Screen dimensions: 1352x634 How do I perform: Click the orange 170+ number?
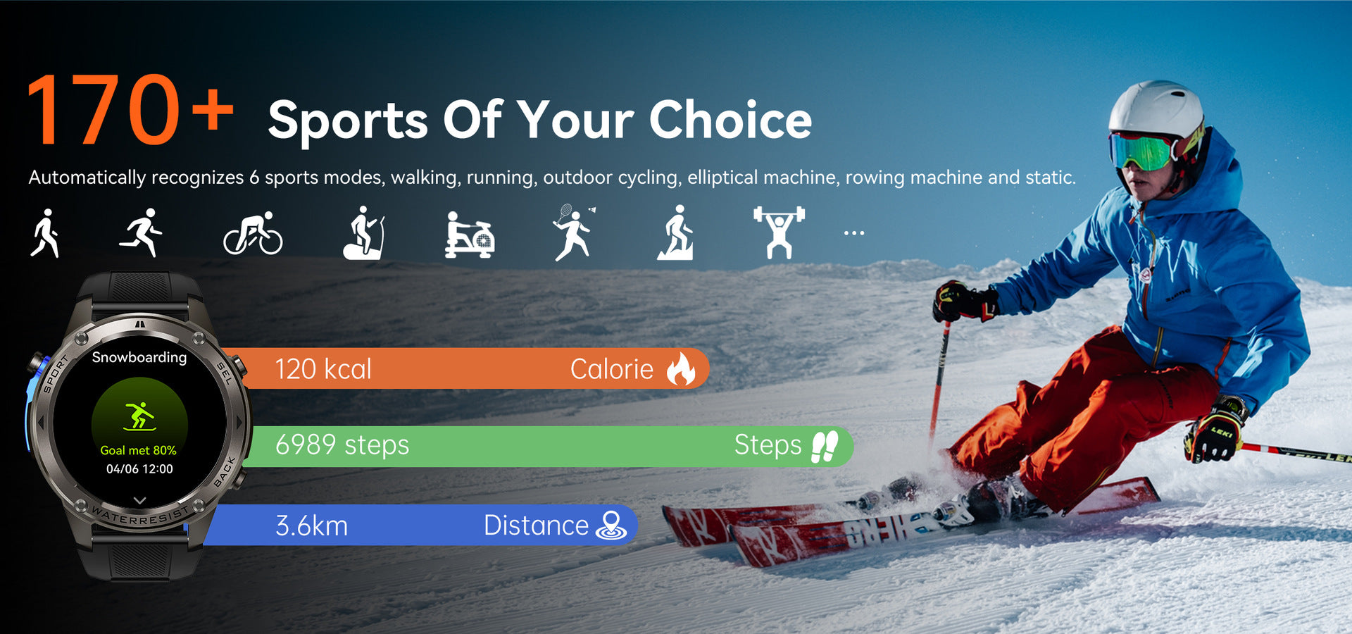(131, 110)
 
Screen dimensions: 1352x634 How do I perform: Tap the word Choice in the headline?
(730, 119)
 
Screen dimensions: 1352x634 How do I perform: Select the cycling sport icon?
(253, 233)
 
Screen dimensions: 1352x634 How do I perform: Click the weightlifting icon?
(779, 232)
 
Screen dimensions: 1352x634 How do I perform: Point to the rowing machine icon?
(470, 235)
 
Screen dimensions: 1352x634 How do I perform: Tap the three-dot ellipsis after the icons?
(854, 233)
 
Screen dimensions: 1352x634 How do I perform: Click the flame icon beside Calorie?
(681, 368)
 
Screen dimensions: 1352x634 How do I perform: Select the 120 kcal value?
(323, 369)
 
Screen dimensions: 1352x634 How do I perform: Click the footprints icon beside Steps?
(825, 446)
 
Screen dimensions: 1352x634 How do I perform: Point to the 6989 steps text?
(342, 445)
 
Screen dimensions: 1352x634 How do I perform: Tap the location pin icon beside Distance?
(611, 526)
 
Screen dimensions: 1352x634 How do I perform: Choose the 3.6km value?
(311, 526)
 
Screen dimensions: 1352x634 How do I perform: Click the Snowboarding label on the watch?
(139, 357)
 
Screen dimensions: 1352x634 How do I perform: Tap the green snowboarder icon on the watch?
(139, 416)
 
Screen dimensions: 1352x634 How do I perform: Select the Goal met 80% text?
(139, 450)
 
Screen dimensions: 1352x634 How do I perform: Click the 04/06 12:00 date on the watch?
(139, 469)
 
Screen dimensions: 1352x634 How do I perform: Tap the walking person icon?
(45, 233)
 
